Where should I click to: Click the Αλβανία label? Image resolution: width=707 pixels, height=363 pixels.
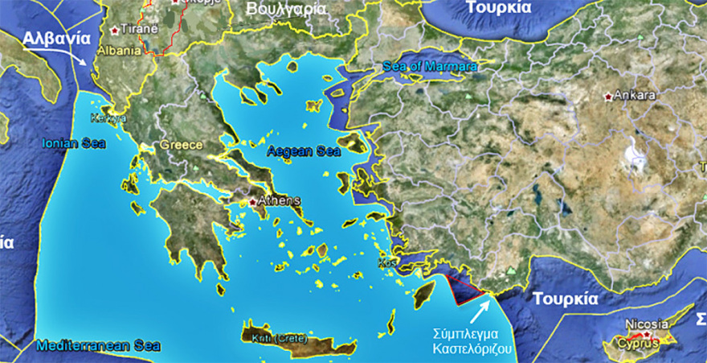54,39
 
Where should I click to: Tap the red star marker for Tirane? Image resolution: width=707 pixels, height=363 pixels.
115,30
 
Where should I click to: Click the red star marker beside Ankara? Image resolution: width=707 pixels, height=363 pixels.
608,97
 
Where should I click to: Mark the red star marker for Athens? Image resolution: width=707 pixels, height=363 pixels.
253,202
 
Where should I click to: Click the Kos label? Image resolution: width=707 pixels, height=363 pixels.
386,263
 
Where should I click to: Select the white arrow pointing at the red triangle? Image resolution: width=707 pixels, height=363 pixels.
481,311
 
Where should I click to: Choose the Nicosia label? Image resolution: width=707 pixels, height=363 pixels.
647,324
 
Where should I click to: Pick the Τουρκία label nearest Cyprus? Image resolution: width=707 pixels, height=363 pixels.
566,299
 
